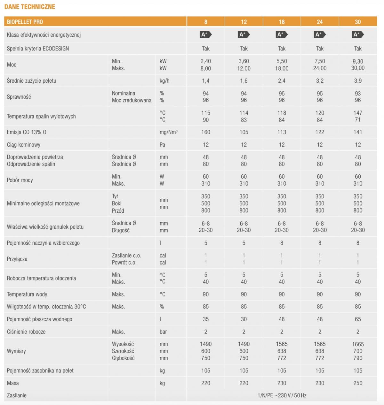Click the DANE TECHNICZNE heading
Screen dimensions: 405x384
pos(30,7)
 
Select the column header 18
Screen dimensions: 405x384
pos(282,22)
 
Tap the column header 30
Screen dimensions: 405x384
pos(358,22)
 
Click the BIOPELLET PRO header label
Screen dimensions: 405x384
pos(25,22)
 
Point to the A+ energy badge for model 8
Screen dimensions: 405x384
pos(205,34)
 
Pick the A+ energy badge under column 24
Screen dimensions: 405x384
pos(319,34)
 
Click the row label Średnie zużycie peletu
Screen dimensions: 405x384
pos(31,81)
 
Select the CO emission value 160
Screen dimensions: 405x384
pos(206,132)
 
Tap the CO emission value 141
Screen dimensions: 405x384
pos(358,132)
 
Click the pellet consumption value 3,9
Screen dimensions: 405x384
pos(358,81)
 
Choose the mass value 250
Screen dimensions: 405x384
pos(358,383)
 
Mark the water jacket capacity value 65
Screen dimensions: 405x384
pos(358,319)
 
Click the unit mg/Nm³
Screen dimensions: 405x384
pos(169,132)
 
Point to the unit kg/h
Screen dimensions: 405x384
pos(164,81)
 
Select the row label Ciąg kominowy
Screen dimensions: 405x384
pos(24,145)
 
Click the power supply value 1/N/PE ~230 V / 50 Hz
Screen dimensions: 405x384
pos(282,395)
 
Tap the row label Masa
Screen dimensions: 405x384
pos(13,383)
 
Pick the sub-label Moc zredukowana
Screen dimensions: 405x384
pos(132,100)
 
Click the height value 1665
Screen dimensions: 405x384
pos(358,344)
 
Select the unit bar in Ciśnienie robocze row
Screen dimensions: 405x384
pos(163,332)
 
